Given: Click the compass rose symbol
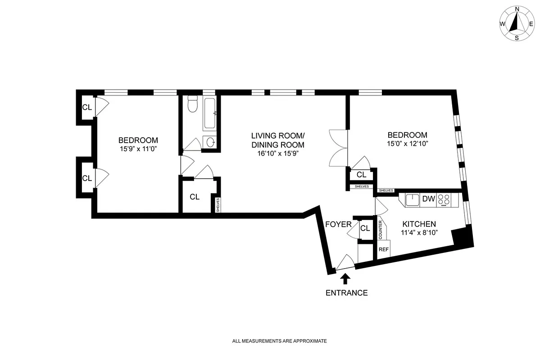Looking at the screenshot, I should [x=517, y=23].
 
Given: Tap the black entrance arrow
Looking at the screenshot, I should [x=345, y=279].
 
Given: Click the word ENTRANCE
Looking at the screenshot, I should [x=346, y=293].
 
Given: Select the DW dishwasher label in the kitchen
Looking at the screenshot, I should [x=426, y=199].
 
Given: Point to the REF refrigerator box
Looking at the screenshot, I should [x=383, y=249].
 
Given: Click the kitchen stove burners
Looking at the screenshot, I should [x=444, y=200].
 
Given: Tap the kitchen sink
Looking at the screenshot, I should [x=412, y=199].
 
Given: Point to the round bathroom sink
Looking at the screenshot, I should [x=210, y=142].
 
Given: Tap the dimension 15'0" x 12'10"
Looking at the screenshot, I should [x=407, y=144].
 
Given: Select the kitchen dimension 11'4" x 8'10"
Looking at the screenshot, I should [x=419, y=233].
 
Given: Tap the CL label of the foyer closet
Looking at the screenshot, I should [x=365, y=228].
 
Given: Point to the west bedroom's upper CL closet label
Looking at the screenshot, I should [x=87, y=107].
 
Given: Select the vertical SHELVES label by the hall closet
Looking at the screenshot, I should [x=218, y=205].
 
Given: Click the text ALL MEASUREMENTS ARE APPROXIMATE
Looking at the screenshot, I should [x=279, y=341].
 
